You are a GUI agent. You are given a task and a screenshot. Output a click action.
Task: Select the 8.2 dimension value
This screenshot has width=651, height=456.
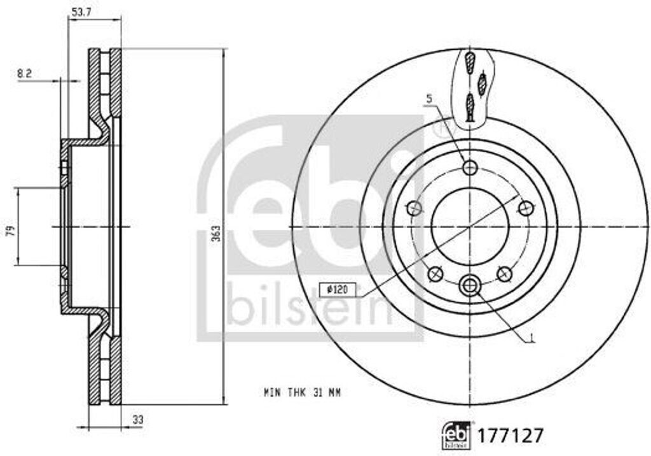coord(25,74)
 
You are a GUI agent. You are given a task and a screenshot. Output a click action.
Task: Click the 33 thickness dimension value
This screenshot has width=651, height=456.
coord(138,420)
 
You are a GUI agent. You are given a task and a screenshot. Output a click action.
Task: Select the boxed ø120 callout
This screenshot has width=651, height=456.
coord(338,289)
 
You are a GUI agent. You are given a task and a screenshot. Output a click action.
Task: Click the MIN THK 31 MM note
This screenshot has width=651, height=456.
coord(302,392)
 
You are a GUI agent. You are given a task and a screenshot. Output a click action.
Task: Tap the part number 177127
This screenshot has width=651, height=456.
coord(511,436)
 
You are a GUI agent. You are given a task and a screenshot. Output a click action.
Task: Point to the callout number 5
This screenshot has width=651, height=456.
coord(430,99)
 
